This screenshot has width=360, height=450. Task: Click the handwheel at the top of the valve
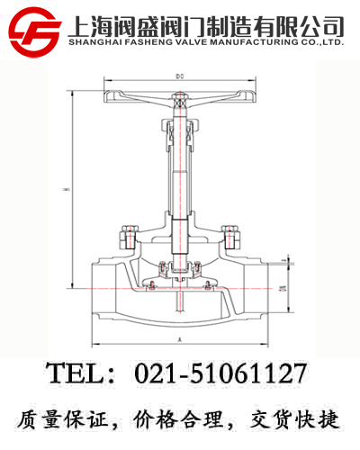point(180,96)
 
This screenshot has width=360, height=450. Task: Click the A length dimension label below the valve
point(181,340)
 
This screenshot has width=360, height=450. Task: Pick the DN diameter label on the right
point(280,289)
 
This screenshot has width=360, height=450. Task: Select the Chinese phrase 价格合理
point(180,418)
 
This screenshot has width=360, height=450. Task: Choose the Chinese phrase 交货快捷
point(293,418)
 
